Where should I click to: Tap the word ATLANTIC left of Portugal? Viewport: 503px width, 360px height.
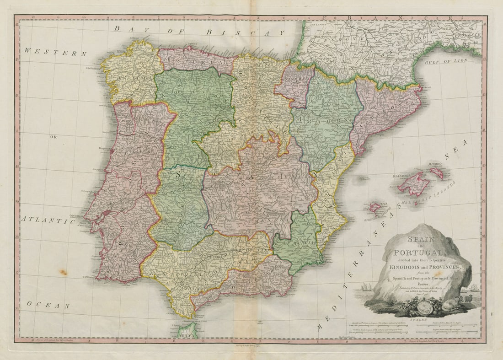point(48,220)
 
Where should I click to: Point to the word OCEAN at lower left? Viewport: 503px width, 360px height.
point(48,305)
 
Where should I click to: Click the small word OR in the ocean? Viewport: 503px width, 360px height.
point(54,136)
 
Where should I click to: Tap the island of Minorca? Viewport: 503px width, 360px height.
point(437,173)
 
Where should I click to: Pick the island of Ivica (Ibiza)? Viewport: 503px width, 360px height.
point(375,207)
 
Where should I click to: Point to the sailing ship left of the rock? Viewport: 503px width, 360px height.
point(366,287)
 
